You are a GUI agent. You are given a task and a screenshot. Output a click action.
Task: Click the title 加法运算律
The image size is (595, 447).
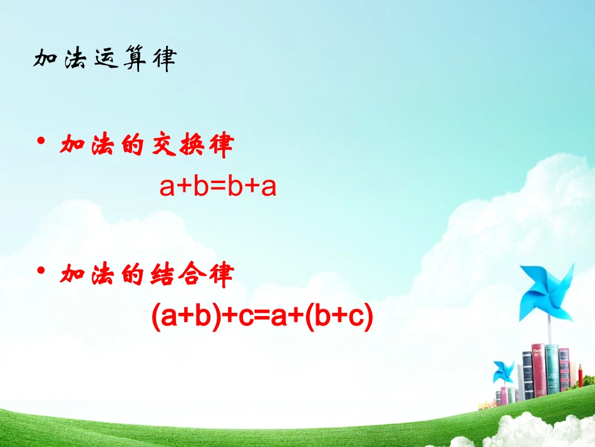coord(105,60)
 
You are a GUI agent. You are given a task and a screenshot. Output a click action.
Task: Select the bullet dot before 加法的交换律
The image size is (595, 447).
coord(41,144)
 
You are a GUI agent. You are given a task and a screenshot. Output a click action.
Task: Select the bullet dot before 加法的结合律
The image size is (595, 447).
coord(41,271)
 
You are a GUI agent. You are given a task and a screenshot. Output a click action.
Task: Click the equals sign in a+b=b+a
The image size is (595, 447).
coord(217,187)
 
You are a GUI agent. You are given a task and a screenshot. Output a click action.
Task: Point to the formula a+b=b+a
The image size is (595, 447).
coord(218,187)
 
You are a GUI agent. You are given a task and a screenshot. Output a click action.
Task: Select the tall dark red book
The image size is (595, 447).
coord(538,370)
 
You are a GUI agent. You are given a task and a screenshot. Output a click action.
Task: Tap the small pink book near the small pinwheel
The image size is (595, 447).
coord(504,395)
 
